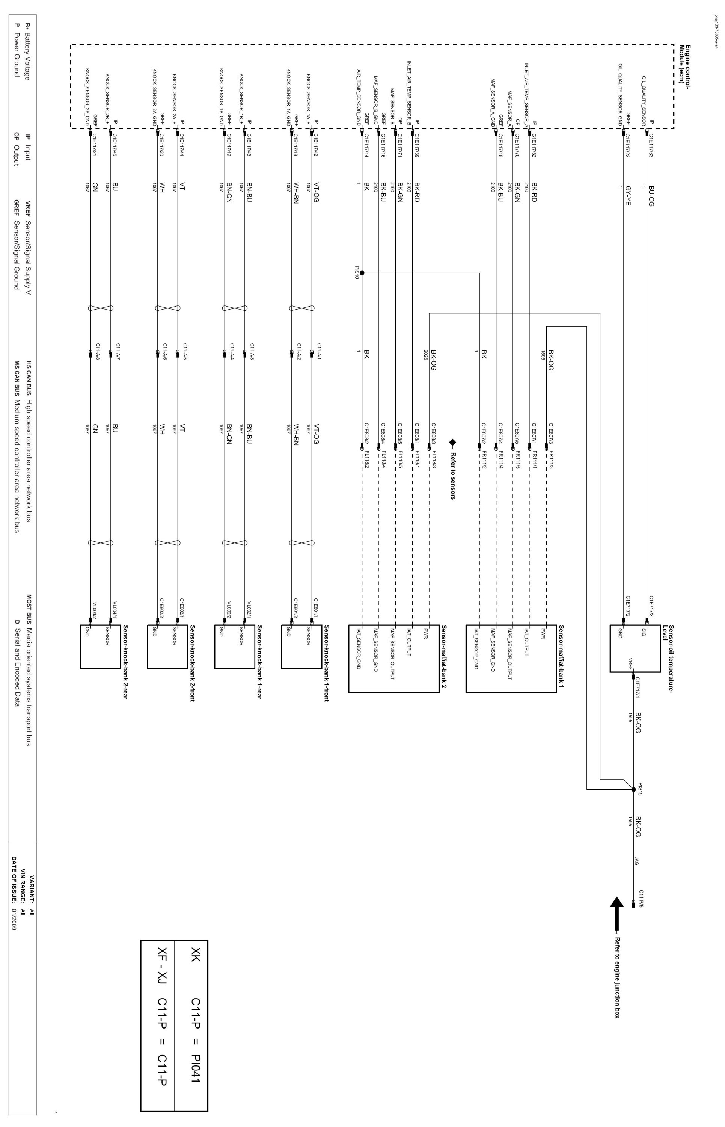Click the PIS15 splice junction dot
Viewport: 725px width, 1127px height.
click(x=633, y=789)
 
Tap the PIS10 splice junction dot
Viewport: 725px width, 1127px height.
click(x=362, y=273)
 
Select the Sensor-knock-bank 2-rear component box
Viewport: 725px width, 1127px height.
click(x=100, y=646)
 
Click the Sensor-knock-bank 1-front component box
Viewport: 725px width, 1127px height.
click(x=301, y=646)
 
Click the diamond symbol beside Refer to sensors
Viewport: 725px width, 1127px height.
click(x=453, y=442)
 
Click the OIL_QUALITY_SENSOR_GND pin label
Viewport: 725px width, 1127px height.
click(x=621, y=94)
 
